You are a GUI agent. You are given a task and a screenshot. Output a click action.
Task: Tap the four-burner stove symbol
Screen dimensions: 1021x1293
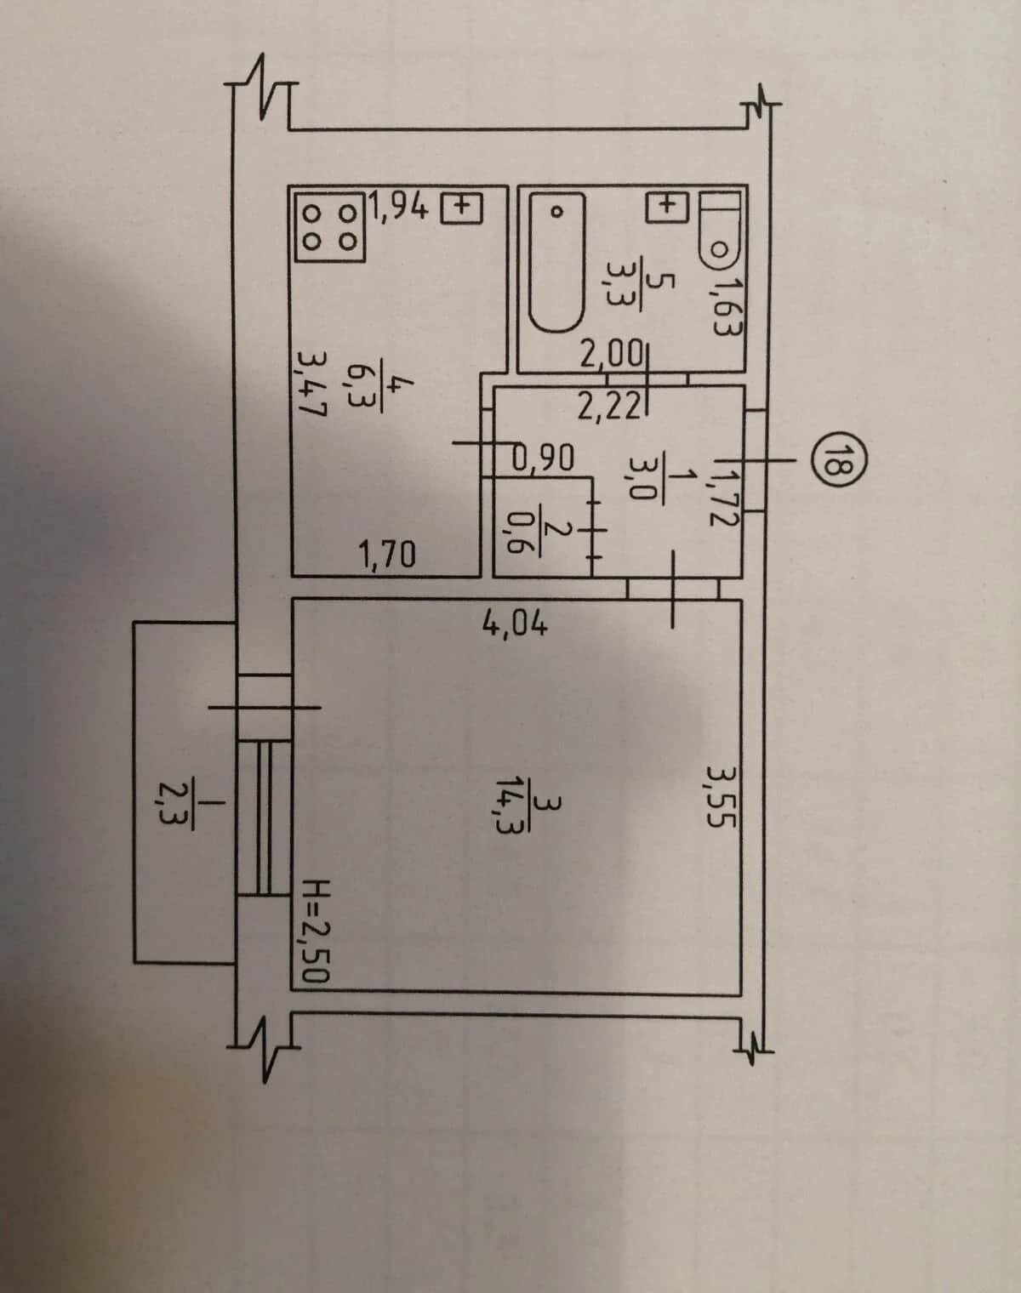coord(329,227)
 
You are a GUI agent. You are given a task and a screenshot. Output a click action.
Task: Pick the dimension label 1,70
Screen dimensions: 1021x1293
coord(387,555)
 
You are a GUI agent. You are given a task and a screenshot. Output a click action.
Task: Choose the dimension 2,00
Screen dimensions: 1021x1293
coord(611,356)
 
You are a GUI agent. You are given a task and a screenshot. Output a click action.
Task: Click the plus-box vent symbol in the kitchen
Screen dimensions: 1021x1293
coord(461,208)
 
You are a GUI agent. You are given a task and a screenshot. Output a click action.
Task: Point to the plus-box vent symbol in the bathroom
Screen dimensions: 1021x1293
coord(666,208)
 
